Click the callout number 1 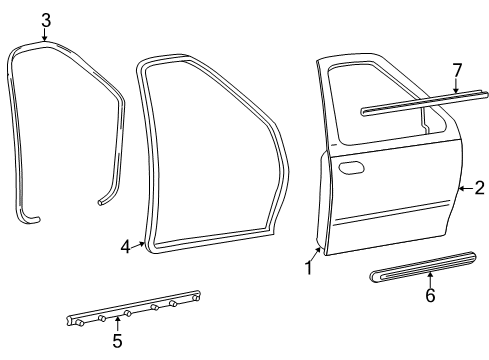click(x=309, y=268)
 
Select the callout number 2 click(x=479, y=188)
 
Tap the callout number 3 click(x=46, y=20)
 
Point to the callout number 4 click(x=125, y=247)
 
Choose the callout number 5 click(x=117, y=341)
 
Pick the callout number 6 click(x=430, y=295)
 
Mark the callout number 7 click(x=457, y=70)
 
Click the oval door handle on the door click(x=351, y=168)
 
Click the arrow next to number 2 click(x=466, y=189)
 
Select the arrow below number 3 click(x=45, y=35)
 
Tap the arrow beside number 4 click(x=138, y=245)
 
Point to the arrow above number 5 click(x=117, y=325)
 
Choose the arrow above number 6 click(x=430, y=280)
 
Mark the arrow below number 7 click(x=456, y=85)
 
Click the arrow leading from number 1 click(x=316, y=255)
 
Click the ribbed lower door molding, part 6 click(x=423, y=267)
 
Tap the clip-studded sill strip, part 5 click(x=133, y=308)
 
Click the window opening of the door click(x=383, y=103)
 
